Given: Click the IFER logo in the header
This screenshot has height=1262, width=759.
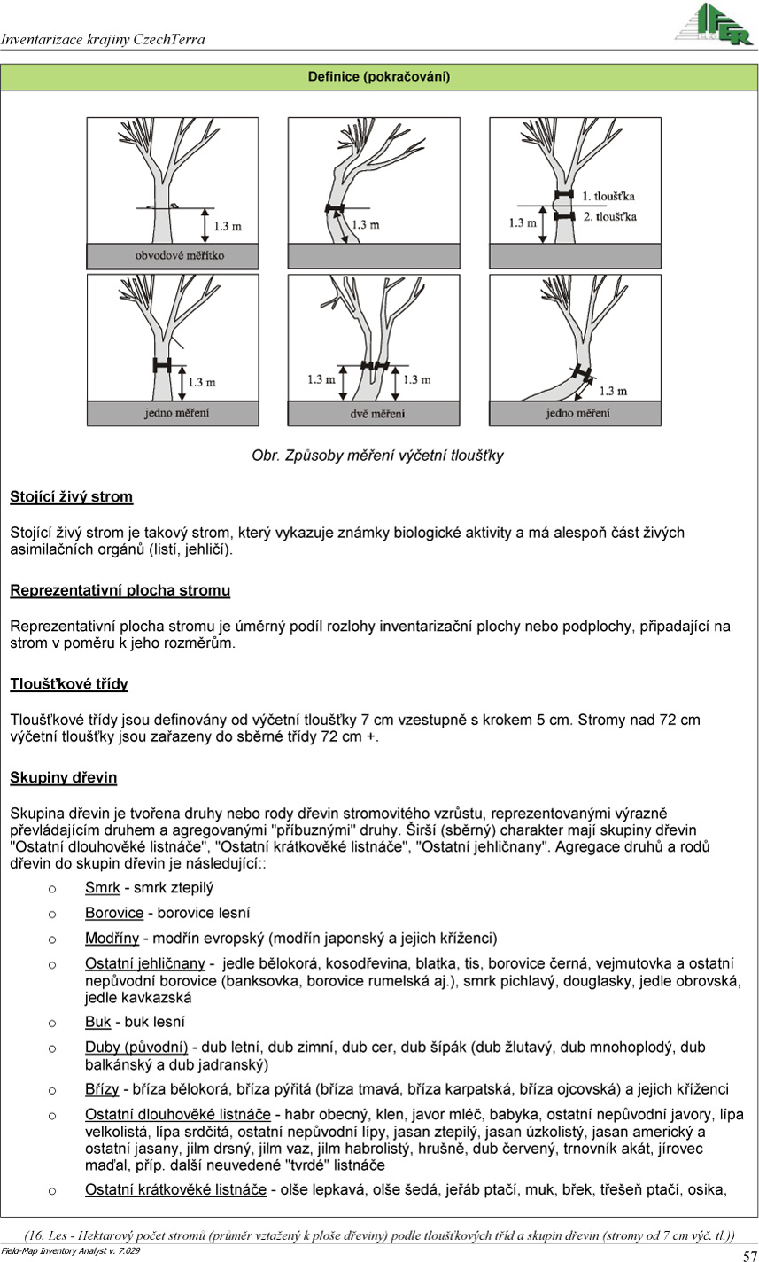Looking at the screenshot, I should click(x=713, y=24).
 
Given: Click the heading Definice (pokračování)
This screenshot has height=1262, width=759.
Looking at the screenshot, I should click(x=379, y=77).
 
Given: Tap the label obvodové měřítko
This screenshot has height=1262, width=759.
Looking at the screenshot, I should click(x=180, y=255).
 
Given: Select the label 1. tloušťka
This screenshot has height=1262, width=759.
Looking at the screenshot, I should click(x=608, y=195).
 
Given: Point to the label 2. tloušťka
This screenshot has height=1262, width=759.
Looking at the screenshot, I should click(x=608, y=216).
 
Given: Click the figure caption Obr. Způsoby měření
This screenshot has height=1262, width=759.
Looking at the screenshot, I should click(x=378, y=456).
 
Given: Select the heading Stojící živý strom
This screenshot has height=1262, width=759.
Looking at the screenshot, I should click(x=71, y=496).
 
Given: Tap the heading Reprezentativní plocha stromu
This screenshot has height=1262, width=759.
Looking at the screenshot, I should click(x=120, y=590).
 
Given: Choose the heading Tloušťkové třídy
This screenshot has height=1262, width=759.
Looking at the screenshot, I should click(x=69, y=684).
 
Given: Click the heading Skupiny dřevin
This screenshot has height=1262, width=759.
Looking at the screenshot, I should click(x=63, y=778).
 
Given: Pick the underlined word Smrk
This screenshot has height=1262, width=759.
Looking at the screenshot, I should click(x=103, y=887).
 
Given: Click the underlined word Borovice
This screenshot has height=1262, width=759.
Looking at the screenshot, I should click(x=114, y=912).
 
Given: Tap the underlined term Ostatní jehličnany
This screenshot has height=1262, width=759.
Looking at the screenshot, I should click(x=145, y=962).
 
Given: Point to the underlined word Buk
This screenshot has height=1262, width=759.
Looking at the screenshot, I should click(x=97, y=1022).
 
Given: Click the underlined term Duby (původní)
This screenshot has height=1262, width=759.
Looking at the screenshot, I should click(x=137, y=1048).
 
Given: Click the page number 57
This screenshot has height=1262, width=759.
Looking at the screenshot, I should click(x=749, y=1254).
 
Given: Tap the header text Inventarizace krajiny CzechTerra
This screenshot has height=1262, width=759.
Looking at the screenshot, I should click(x=103, y=39).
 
